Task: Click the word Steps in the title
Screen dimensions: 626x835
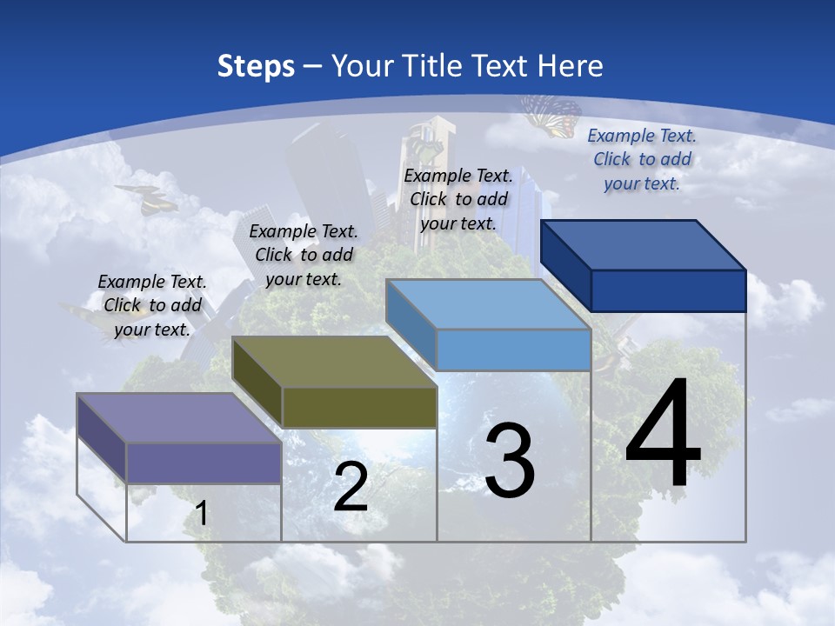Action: [x=256, y=66]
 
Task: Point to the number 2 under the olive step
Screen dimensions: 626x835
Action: [x=351, y=487]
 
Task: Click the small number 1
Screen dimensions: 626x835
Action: [x=201, y=514]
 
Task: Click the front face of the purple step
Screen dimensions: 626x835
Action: [x=204, y=463]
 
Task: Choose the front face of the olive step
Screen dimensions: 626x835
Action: [x=359, y=407]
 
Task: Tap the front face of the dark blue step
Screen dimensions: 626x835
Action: [x=668, y=290]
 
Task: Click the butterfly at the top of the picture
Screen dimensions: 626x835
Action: [x=551, y=115]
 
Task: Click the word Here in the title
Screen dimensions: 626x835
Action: [x=572, y=66]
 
